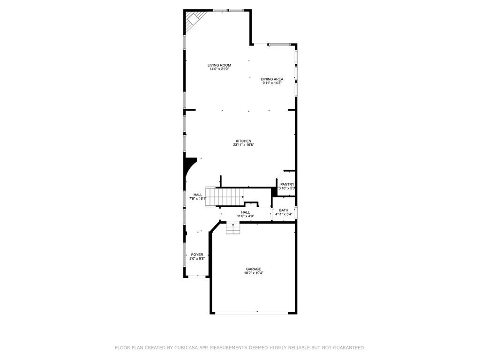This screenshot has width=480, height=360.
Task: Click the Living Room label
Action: [x=219, y=65]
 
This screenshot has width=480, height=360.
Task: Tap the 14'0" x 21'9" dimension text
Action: [x=219, y=69]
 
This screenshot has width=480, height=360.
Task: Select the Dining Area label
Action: [x=272, y=79]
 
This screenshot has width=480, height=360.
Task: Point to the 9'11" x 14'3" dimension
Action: [x=272, y=83]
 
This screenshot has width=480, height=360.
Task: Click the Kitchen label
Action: [x=243, y=141]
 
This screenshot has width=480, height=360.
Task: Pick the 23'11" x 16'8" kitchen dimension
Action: [x=243, y=145]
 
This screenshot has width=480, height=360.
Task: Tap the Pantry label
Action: [x=287, y=184]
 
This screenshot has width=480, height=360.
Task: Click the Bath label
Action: [x=284, y=210]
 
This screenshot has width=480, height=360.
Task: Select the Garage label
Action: [x=254, y=269]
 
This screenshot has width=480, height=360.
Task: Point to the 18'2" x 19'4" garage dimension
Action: [x=254, y=273]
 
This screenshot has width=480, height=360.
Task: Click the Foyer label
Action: [x=197, y=254]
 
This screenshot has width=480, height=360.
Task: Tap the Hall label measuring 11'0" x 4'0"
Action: [x=245, y=212]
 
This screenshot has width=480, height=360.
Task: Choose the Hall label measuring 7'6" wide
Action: [x=198, y=195]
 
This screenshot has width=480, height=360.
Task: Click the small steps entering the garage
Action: [x=233, y=228]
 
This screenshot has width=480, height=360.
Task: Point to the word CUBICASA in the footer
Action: [x=185, y=348]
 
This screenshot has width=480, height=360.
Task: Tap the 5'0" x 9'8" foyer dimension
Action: [x=197, y=258]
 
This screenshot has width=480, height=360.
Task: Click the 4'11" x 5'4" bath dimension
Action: [x=284, y=214]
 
